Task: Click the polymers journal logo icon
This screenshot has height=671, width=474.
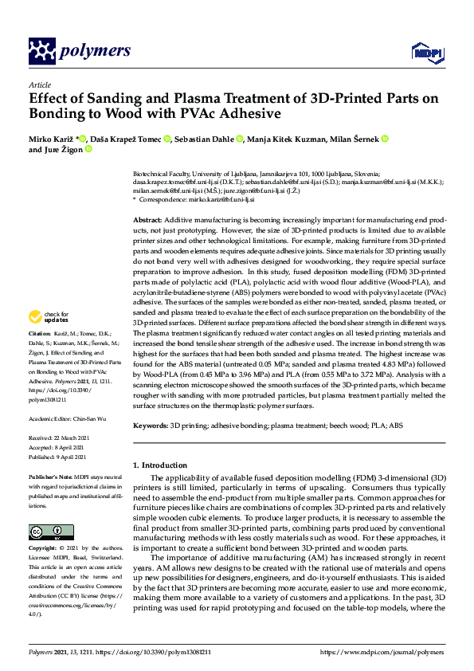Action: click(41, 51)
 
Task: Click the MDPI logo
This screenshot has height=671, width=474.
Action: click(422, 53)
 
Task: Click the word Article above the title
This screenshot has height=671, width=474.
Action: click(40, 84)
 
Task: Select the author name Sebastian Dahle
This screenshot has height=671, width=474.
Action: click(205, 139)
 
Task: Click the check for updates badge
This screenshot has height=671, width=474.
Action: click(46, 340)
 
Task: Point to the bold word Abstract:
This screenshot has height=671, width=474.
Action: click(148, 219)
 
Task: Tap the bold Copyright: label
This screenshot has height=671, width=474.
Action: click(44, 549)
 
